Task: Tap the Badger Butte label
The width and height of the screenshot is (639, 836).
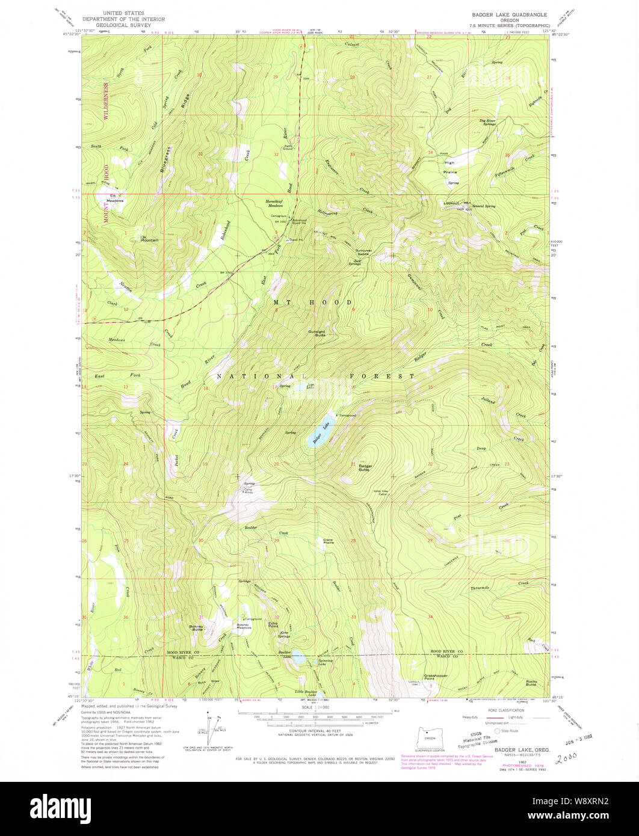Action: click(365, 467)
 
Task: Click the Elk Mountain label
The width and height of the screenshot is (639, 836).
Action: click(149, 238)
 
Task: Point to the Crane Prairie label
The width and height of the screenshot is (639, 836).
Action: click(329, 541)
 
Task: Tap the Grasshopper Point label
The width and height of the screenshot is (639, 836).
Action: click(436, 676)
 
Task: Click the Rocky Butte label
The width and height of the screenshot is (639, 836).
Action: click(530, 683)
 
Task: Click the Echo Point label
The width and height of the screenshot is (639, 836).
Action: click(273, 625)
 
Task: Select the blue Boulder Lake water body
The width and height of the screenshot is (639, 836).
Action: click(297, 659)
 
